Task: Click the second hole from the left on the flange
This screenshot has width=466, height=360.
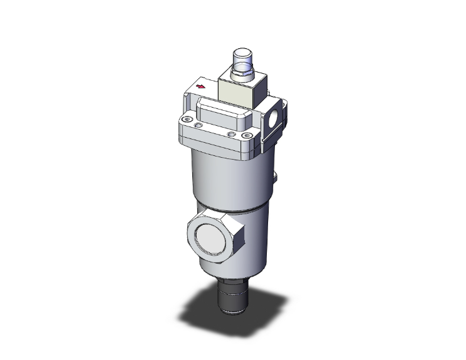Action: coord(199,126)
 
